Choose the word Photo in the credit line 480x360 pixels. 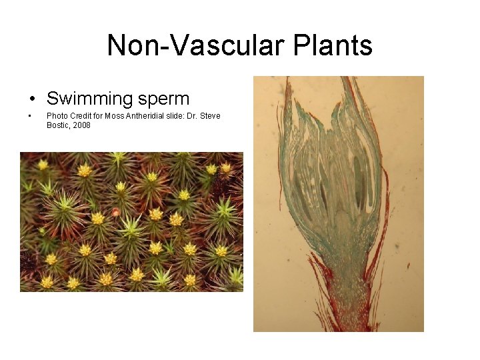(x=56, y=116)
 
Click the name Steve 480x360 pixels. (x=209, y=116)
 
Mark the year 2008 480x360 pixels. (x=82, y=125)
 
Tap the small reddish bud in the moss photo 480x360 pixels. (x=116, y=212)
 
